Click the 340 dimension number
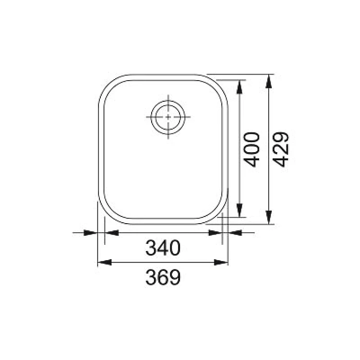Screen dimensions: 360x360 point(163,248)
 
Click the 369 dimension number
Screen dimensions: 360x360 point(163,277)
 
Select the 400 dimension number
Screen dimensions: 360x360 point(252,149)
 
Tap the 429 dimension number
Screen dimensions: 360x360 point(281,149)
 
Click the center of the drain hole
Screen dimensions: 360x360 point(168,117)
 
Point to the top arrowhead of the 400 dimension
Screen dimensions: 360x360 point(240,87)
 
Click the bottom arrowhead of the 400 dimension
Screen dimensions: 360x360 point(240,210)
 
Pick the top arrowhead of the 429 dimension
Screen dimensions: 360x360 point(268,81)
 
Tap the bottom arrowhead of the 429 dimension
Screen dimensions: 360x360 point(268,217)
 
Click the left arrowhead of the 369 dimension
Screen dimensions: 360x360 point(105,262)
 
